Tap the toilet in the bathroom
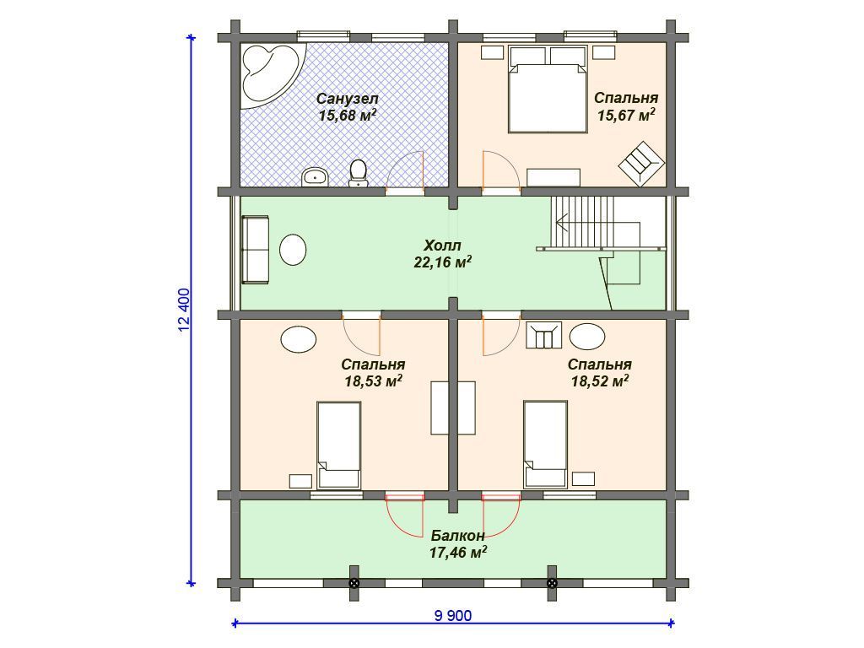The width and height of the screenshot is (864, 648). coord(358,173)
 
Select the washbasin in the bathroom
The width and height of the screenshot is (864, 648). coord(315,177)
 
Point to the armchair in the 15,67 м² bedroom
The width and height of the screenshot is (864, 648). coord(641,164)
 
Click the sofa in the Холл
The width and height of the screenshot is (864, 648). coord(255,250)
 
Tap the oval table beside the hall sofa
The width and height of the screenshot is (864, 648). coord(293,250)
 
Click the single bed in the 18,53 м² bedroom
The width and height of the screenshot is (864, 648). coord(339,445)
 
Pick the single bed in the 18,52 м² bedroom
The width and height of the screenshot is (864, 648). coord(546,445)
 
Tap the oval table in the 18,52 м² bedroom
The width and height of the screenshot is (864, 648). coord(587,336)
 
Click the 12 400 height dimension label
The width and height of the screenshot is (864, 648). coord(185,310)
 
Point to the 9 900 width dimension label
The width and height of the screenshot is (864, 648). coord(453,615)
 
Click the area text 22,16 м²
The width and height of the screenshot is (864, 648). coord(443,262)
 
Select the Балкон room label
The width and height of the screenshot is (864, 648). coord(458,536)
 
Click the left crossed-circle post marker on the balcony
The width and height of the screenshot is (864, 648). coord(354,584)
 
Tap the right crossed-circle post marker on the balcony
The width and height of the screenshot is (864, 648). coord(552,584)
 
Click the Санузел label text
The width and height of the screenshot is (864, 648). coord(347,99)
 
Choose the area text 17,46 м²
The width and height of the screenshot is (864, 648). coord(458,552)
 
